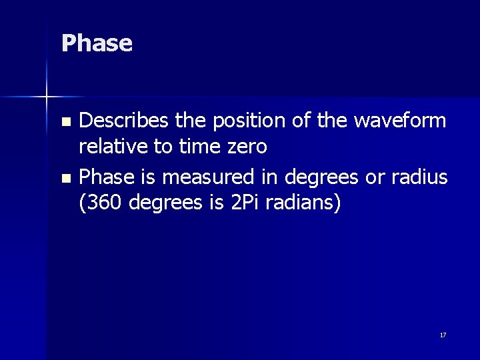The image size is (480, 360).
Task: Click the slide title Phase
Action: pyautogui.click(x=97, y=43)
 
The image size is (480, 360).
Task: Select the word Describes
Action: pyautogui.click(x=123, y=121)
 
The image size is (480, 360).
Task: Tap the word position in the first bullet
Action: pyautogui.click(x=238, y=121)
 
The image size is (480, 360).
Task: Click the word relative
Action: pyautogui.click(x=109, y=146)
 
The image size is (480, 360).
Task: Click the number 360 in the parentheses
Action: pyautogui.click(x=101, y=203)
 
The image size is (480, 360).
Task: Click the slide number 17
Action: pyautogui.click(x=443, y=335)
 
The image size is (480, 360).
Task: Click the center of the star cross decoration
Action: pyautogui.click(x=46, y=97)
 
